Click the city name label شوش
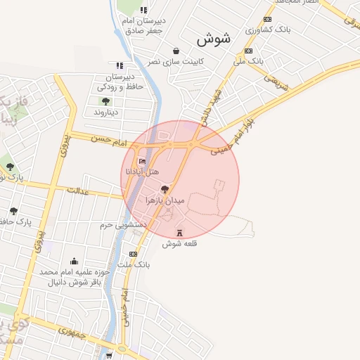pyautogui.click(x=219, y=39)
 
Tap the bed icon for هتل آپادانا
pyautogui.click(x=143, y=162)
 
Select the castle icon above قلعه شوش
pyautogui.click(x=179, y=233)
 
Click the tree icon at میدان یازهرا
pyautogui.click(x=165, y=189)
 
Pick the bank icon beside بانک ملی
pyautogui.click(x=248, y=51)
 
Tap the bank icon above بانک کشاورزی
pyautogui.click(x=267, y=20)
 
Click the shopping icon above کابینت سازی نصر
pyautogui.click(x=175, y=51)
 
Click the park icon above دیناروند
pyautogui.click(x=105, y=101)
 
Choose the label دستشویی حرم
pyautogui.click(x=122, y=224)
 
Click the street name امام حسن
pyautogui.click(x=107, y=141)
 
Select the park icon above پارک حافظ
pyautogui.click(x=13, y=211)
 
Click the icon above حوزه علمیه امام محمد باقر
pyautogui.click(x=74, y=261)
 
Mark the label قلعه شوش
pyautogui.click(x=178, y=244)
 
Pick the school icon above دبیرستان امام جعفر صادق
pyautogui.click(x=144, y=10)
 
